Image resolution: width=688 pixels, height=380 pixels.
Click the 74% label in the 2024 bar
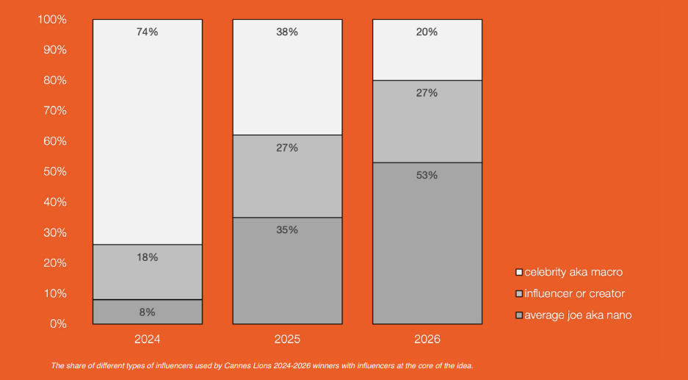147,32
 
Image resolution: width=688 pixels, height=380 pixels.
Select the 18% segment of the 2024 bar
148,272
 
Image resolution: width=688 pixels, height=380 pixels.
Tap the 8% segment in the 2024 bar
148,312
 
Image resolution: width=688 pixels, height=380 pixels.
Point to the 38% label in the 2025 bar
287,32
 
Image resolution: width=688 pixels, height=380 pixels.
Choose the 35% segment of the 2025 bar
287,270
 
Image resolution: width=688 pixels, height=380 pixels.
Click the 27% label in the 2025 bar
287,148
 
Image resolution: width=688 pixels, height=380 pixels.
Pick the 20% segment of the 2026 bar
427,50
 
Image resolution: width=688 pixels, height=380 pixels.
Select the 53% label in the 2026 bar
427,175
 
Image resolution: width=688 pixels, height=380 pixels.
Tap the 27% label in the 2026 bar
427,93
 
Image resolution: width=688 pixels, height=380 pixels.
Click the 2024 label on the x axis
148,339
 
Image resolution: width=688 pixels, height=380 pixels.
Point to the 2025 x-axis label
287,339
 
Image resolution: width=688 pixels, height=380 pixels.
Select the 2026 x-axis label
427,339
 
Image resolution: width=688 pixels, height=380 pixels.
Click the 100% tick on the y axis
52,19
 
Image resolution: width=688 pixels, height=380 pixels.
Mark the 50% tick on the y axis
55,172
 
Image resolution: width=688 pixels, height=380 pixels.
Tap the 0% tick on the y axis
58,324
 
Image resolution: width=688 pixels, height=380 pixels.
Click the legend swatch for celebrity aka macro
519,273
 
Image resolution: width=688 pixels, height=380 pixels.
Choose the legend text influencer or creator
574,293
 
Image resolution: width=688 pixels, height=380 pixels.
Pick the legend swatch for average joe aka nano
519,315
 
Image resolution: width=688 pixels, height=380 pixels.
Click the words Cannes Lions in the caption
248,365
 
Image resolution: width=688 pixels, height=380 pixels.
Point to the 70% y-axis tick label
55,111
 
